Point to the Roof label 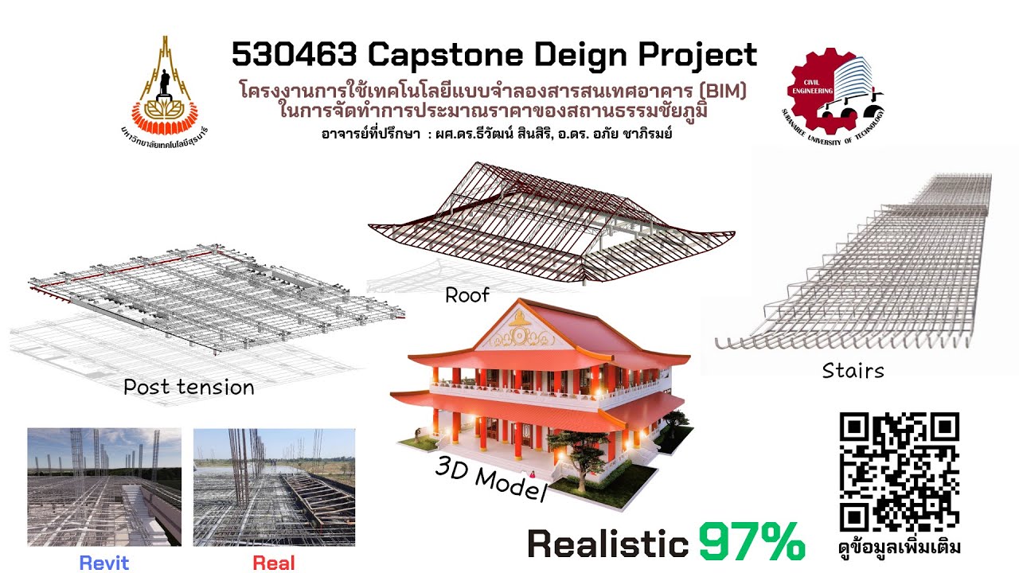pyautogui.click(x=467, y=295)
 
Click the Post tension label pyautogui.click(x=189, y=388)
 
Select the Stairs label pyautogui.click(x=853, y=370)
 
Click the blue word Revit pyautogui.click(x=104, y=563)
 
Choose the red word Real pyautogui.click(x=274, y=563)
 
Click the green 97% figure pyautogui.click(x=752, y=543)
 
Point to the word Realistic pyautogui.click(x=607, y=544)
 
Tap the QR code pyautogui.click(x=900, y=471)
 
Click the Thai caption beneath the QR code pyautogui.click(x=900, y=548)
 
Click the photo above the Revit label pyautogui.click(x=104, y=486)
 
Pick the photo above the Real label pyautogui.click(x=274, y=486)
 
